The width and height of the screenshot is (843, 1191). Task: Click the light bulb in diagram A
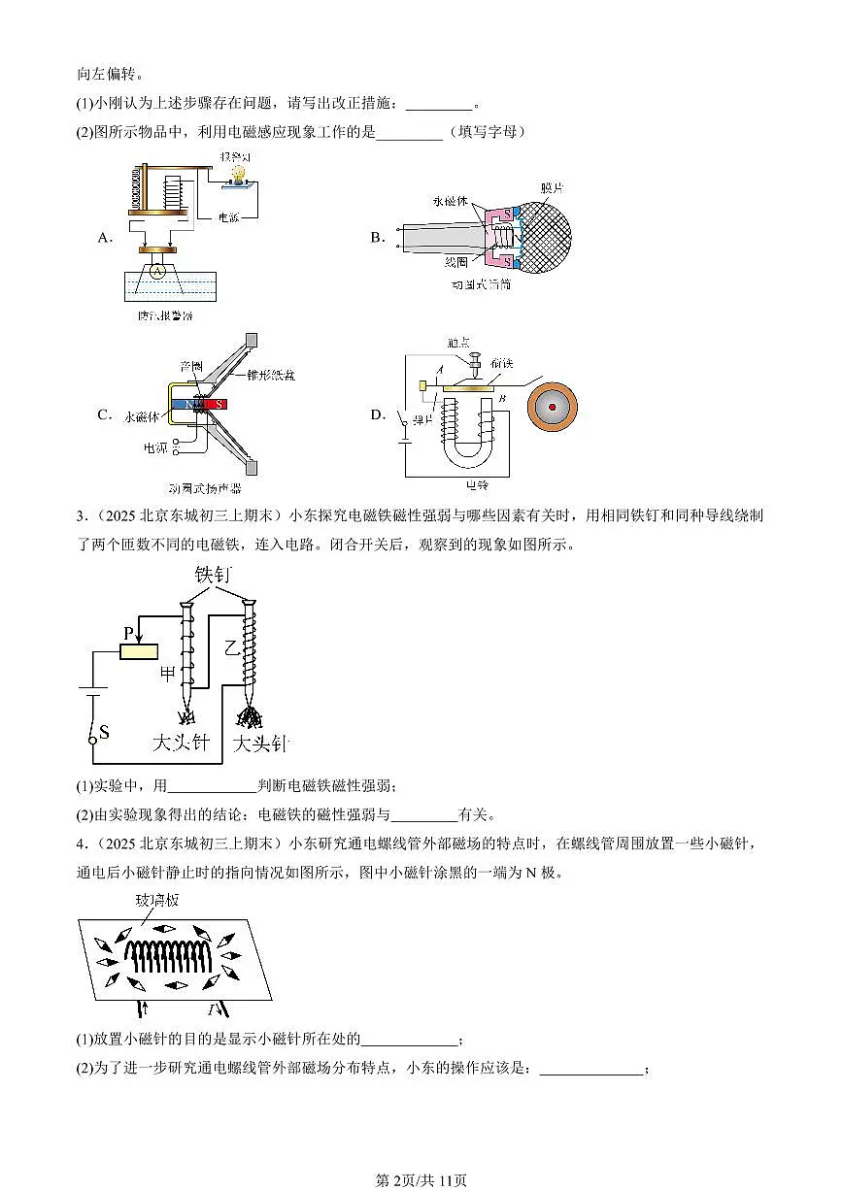point(236,173)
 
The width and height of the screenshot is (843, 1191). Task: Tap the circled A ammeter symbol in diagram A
point(156,274)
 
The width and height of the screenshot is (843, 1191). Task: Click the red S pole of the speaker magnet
point(219,403)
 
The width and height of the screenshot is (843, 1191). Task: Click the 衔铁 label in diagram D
point(504,362)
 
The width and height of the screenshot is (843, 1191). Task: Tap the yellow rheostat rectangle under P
point(139,650)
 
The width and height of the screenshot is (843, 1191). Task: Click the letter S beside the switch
point(104,730)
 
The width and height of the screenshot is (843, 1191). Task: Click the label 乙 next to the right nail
point(230,647)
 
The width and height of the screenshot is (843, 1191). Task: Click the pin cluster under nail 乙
point(251,717)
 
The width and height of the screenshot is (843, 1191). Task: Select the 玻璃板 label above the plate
point(156,901)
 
